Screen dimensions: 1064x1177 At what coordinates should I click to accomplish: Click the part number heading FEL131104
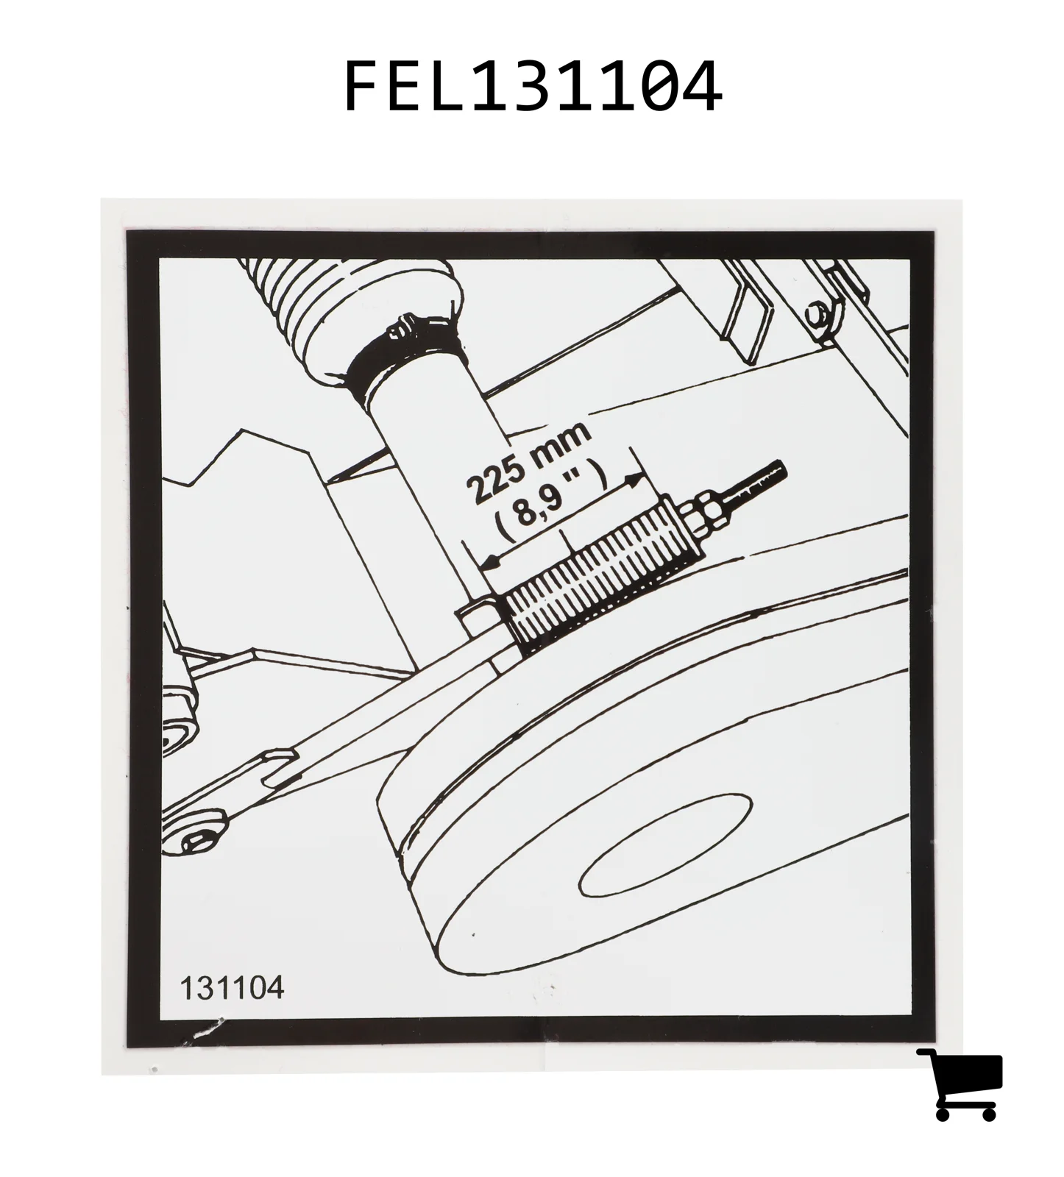(532, 86)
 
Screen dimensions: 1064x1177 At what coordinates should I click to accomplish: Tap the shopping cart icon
(960, 1084)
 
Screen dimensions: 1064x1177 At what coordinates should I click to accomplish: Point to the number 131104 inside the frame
(232, 988)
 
